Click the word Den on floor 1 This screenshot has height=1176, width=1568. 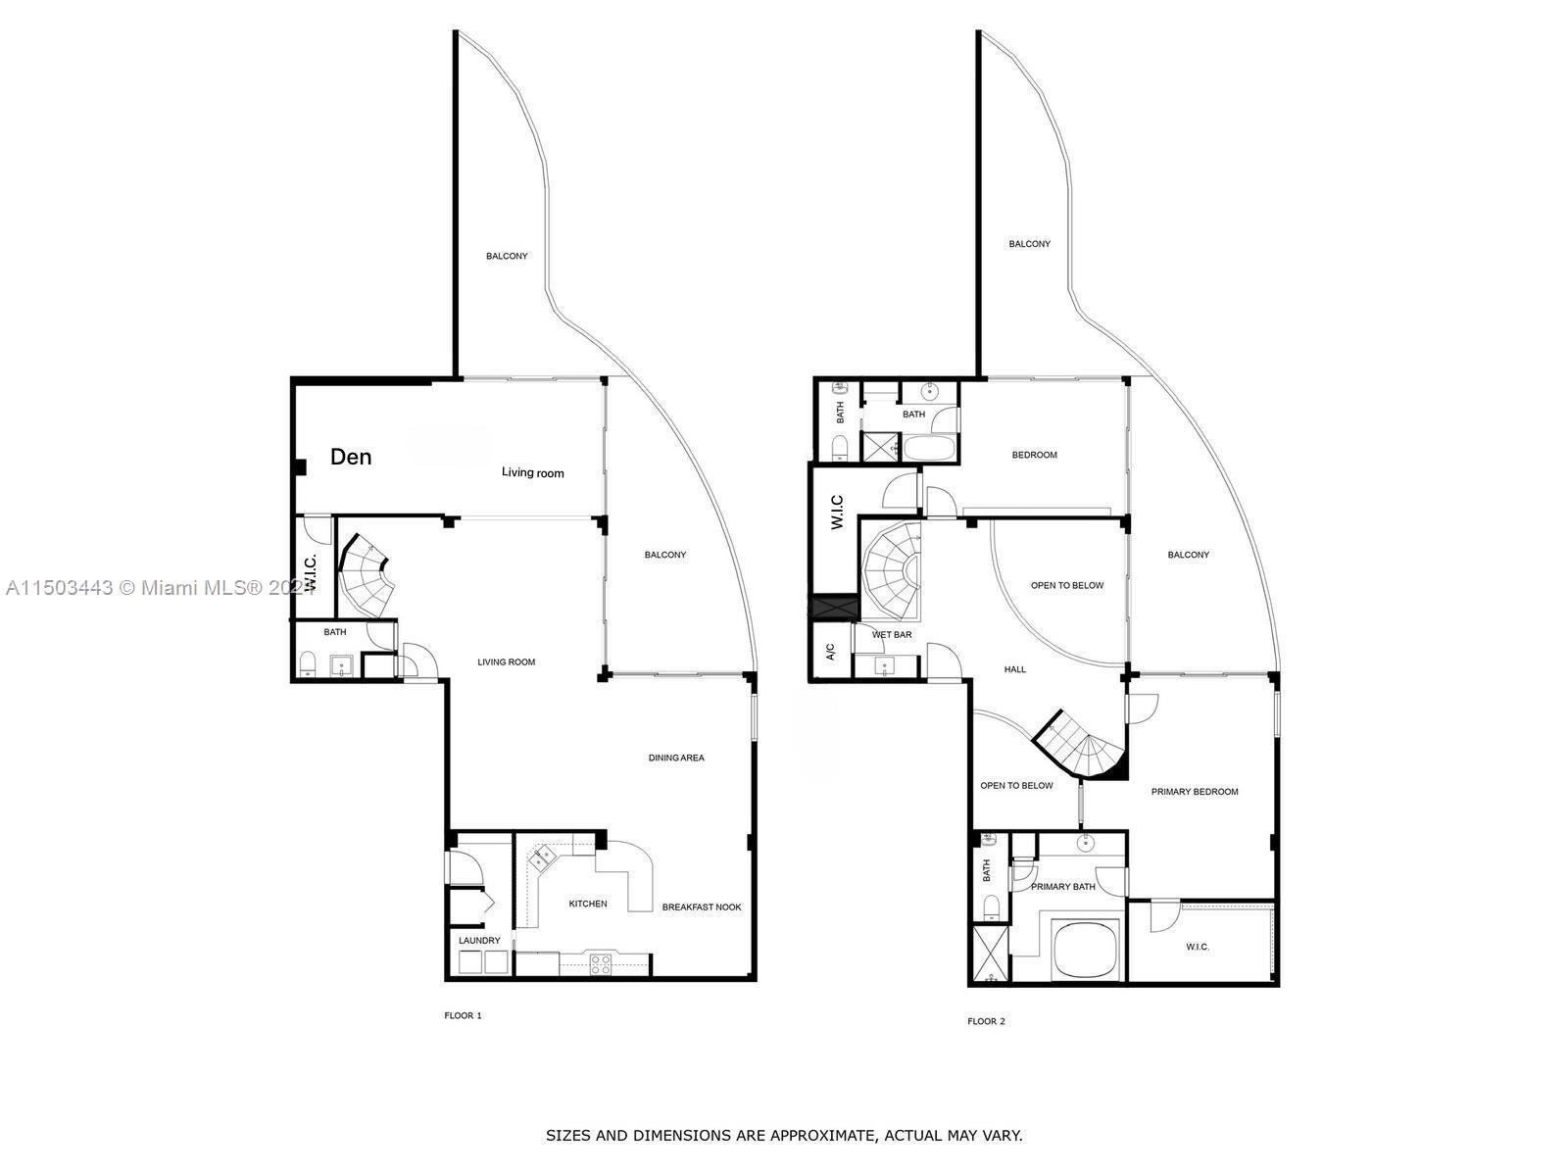click(x=351, y=457)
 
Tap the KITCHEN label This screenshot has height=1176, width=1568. click(x=588, y=904)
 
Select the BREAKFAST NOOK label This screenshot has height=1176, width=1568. click(x=702, y=907)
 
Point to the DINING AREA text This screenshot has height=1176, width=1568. click(x=676, y=758)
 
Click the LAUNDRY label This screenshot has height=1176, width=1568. click(x=479, y=941)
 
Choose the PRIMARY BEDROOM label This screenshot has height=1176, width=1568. click(x=1195, y=792)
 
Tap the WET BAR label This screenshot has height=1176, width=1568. click(x=892, y=635)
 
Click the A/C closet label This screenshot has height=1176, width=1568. click(x=830, y=652)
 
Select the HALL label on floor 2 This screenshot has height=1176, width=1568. click(x=1015, y=669)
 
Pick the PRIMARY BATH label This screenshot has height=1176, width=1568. click(x=1063, y=887)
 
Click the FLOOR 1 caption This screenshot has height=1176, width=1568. click(x=463, y=1015)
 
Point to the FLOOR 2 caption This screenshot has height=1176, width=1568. click(x=986, y=1021)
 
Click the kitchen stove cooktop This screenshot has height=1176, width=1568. click(x=601, y=963)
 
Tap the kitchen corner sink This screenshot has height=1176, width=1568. click(x=541, y=859)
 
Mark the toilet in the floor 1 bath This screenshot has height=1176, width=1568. click(x=308, y=664)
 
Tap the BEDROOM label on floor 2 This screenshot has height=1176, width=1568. click(x=1035, y=455)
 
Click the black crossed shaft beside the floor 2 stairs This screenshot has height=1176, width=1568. click(x=833, y=607)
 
